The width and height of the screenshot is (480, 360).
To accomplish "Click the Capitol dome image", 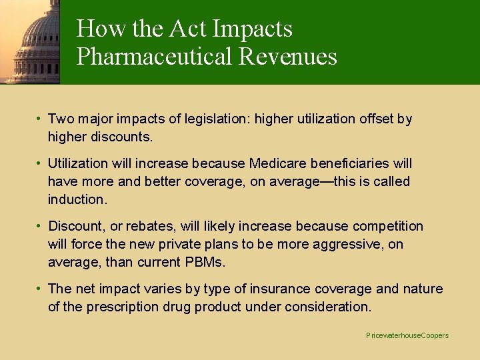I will (30, 41).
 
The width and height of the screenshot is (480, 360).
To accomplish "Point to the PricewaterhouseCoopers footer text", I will (407, 335).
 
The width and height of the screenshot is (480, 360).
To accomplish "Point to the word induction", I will (75, 199).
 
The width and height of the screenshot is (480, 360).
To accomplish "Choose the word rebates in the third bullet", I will (133, 227).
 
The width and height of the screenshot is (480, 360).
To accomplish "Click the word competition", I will (388, 227).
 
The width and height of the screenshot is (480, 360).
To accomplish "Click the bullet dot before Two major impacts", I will (41, 119).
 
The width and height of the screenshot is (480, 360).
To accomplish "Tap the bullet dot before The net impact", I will (41, 289).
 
